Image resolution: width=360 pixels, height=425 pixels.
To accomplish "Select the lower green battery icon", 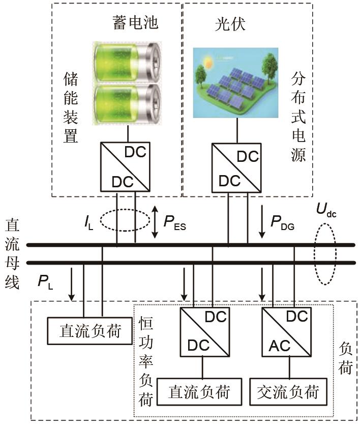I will pyautogui.click(x=127, y=104).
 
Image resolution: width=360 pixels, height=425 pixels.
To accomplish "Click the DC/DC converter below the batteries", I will pyautogui.click(x=126, y=166).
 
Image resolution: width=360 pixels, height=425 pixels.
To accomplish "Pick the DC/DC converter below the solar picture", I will pyautogui.click(x=237, y=166).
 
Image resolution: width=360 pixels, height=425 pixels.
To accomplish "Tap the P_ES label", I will pyautogui.click(x=174, y=222).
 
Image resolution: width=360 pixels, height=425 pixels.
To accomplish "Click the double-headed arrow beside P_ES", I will pyautogui.click(x=156, y=222).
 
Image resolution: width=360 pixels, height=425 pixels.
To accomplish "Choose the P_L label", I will pyautogui.click(x=47, y=281).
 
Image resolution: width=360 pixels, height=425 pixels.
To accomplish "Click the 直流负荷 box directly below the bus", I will pyautogui.click(x=90, y=331).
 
